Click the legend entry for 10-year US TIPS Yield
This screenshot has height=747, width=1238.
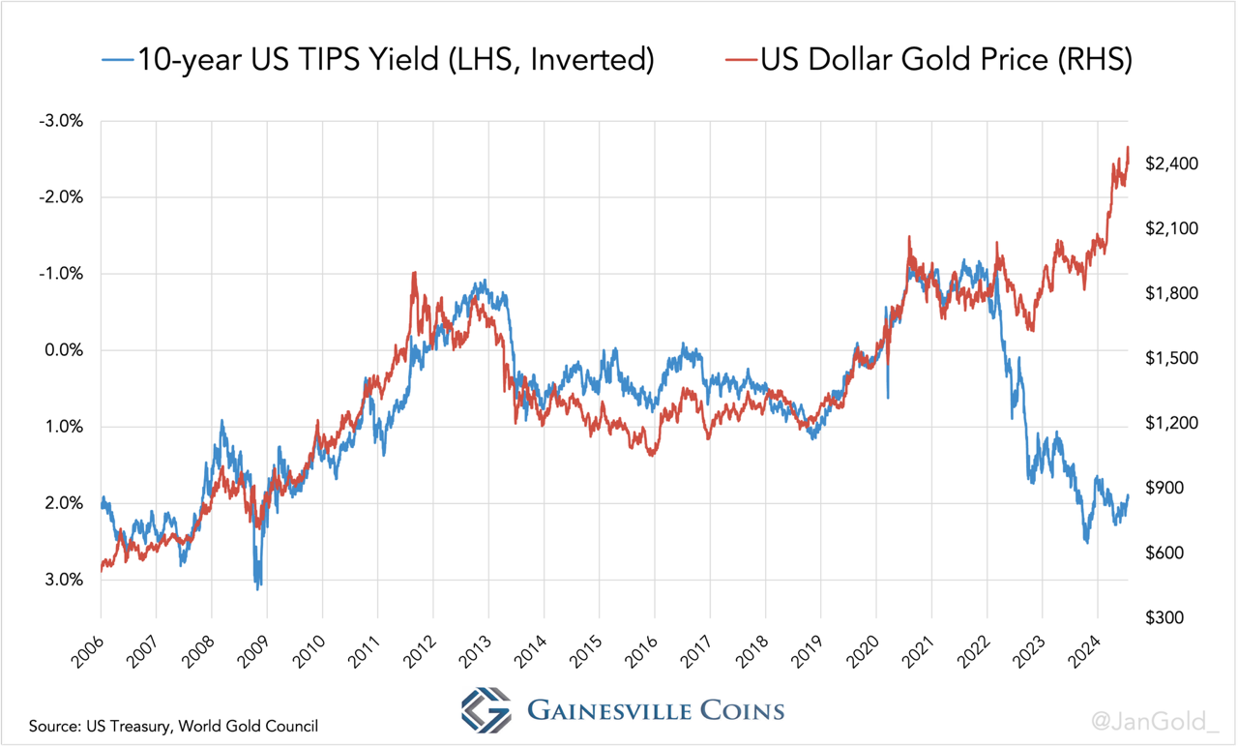tap(377, 60)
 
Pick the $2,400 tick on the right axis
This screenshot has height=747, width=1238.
tap(1171, 164)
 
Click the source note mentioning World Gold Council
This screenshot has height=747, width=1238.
tap(173, 726)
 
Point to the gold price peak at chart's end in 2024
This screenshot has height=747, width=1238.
tap(1128, 148)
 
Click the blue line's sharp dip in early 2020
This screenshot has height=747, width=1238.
tap(888, 396)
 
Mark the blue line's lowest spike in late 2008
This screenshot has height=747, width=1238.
tap(258, 587)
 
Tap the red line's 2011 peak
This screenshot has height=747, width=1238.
tap(414, 273)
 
